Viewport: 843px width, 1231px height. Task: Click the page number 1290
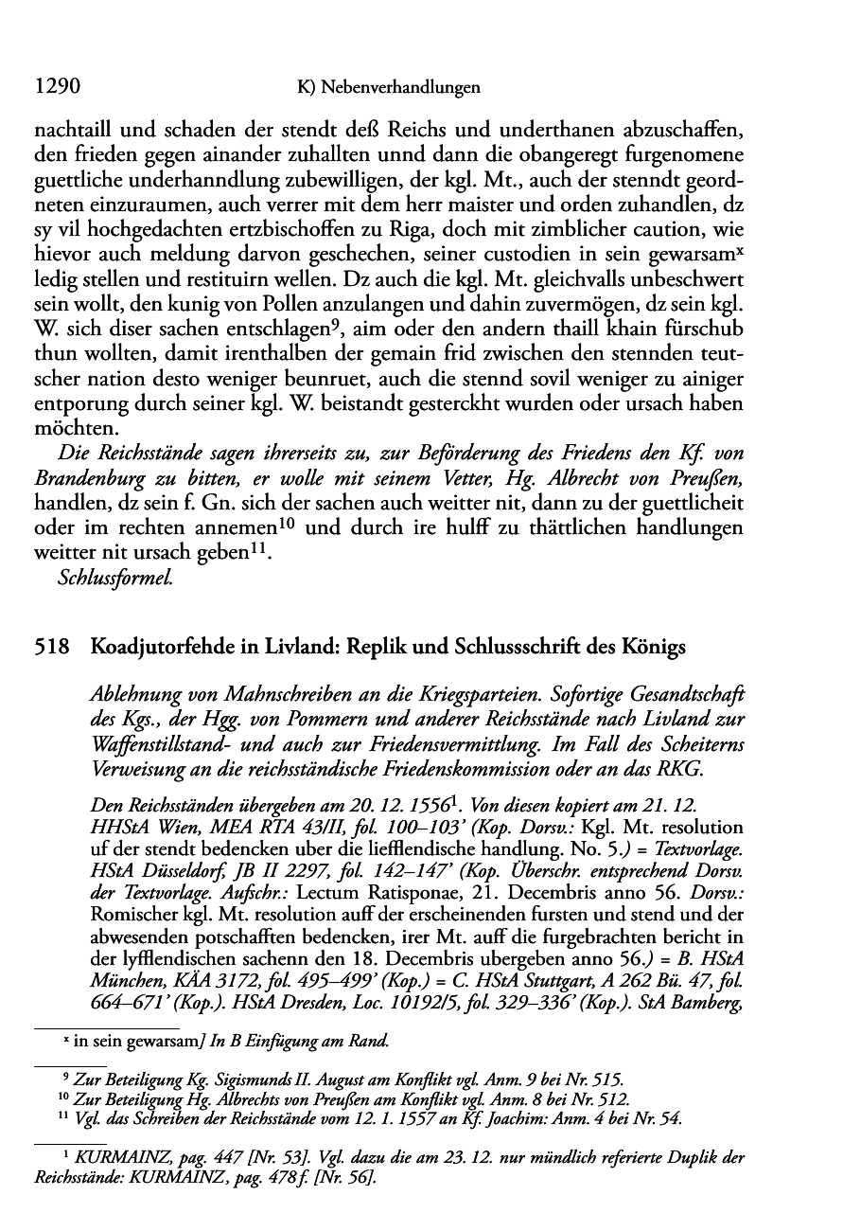(55, 87)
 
